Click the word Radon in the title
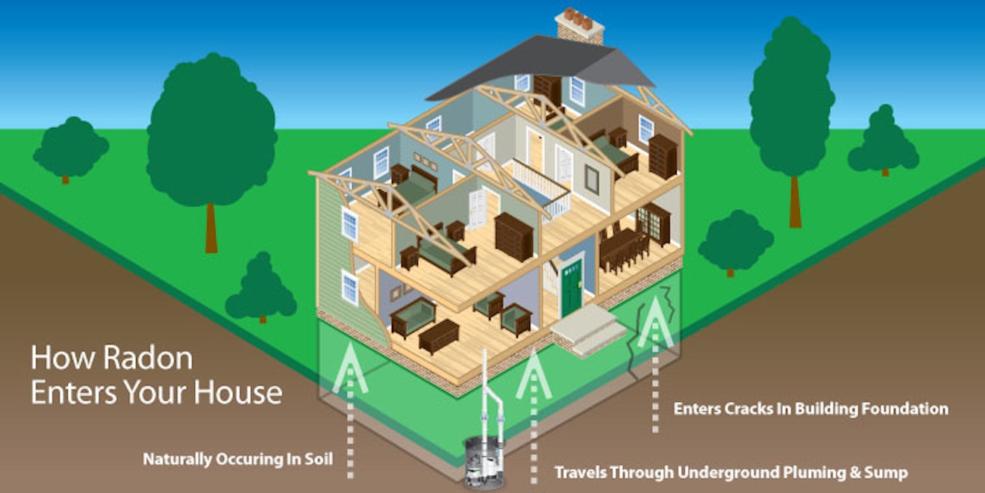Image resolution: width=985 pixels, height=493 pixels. (148, 359)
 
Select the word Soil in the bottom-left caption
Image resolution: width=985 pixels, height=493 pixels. (319, 459)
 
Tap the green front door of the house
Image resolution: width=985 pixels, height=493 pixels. (572, 288)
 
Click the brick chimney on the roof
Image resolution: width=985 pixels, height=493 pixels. (580, 25)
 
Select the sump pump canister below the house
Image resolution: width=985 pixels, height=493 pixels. (484, 462)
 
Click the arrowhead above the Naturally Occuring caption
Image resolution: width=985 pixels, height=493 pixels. (350, 369)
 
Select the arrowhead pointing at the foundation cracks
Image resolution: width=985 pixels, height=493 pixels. (655, 322)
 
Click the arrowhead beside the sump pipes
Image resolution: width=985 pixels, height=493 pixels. (534, 374)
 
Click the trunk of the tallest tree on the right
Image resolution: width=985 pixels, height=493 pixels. (795, 202)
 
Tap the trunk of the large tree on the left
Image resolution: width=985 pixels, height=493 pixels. (211, 228)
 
